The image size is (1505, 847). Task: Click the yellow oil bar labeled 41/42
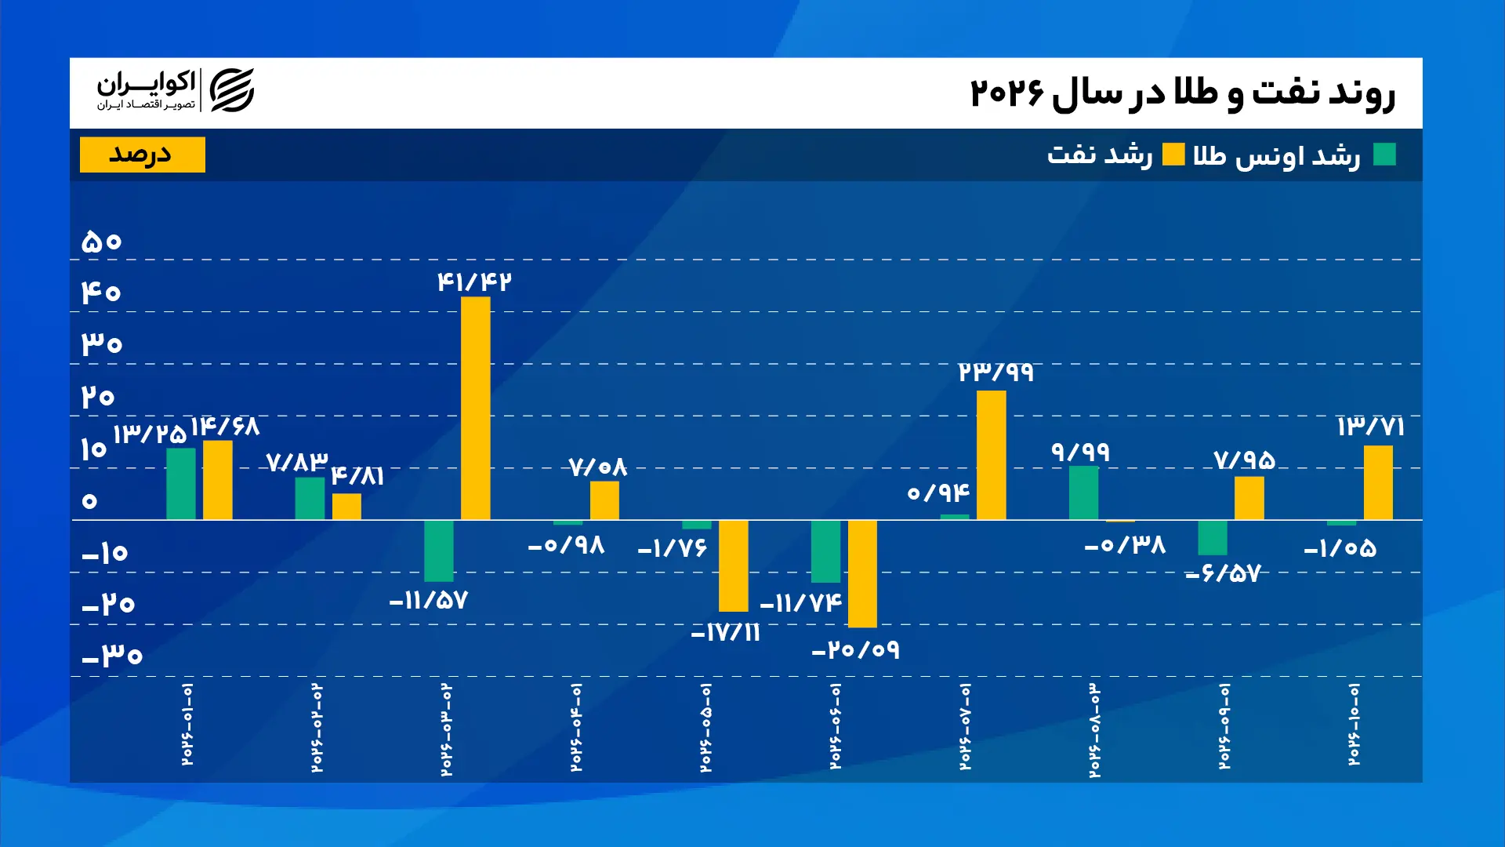coord(475,408)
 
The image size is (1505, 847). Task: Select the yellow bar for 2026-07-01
coord(991,455)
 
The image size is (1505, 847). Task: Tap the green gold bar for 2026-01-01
coord(181,484)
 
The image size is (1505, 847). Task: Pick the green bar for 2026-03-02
coord(438,551)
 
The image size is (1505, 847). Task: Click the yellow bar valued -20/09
coord(862,573)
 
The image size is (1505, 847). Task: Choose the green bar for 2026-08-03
coord(1083,493)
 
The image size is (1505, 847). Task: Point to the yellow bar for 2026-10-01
coord(1378,482)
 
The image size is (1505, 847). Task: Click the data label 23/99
coord(995,372)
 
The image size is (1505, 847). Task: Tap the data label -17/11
coord(726,633)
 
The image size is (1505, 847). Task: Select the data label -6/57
coord(1223,573)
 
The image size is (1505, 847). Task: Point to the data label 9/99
coord(1080,452)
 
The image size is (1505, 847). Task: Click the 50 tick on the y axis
coord(101,241)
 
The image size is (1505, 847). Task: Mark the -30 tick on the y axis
coord(112,655)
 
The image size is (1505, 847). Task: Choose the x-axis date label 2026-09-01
coord(1224,726)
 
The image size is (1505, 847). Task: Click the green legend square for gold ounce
coord(1384,154)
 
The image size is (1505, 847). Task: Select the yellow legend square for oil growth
coord(1173,154)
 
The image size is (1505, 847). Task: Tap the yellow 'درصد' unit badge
coord(143,154)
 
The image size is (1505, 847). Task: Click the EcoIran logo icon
coord(232,90)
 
